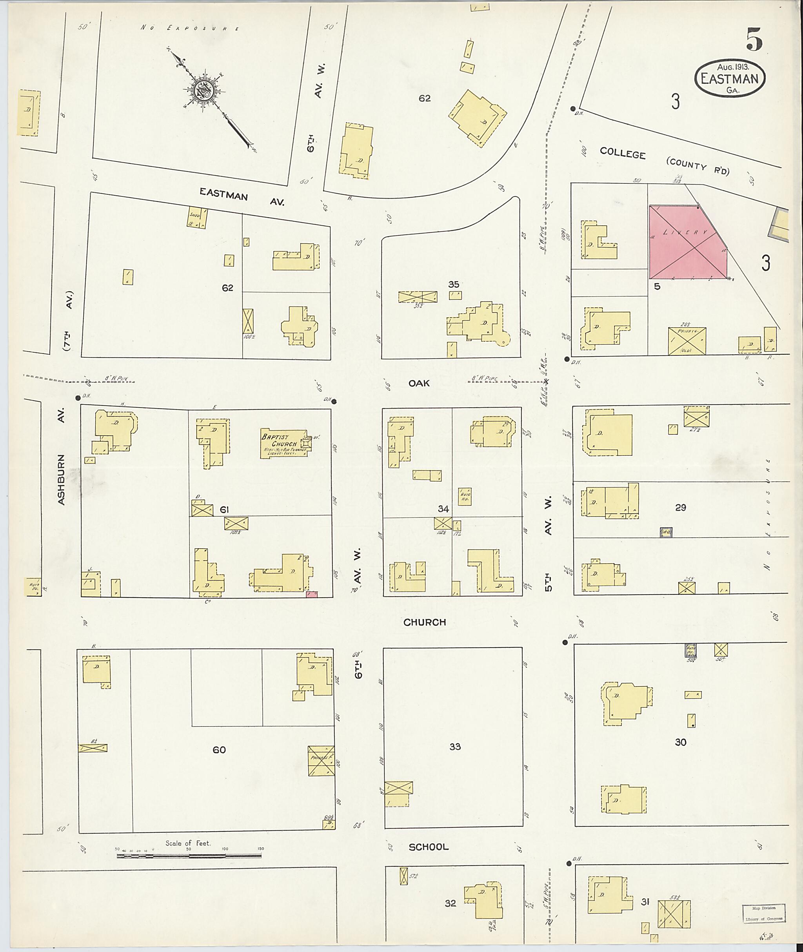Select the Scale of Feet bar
[x=189, y=856]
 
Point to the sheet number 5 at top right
[x=754, y=40]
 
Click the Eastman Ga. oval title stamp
[x=730, y=78]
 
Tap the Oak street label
[x=419, y=383]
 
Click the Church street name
[x=424, y=622]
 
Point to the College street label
[x=622, y=153]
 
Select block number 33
[x=455, y=746]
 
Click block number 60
[x=219, y=749]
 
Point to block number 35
[x=453, y=285]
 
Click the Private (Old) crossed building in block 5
[x=687, y=341]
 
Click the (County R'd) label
[x=698, y=166]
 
